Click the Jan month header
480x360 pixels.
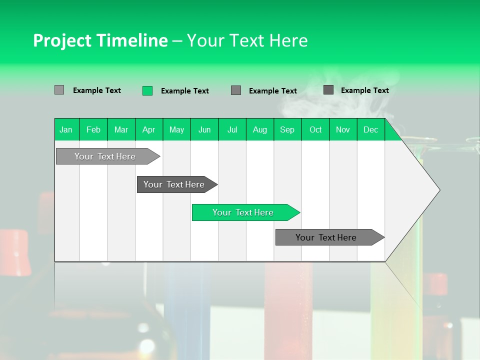pyautogui.click(x=66, y=129)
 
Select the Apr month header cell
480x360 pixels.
pyautogui.click(x=148, y=129)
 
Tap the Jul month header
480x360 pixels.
pyautogui.click(x=232, y=129)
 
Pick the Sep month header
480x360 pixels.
pyautogui.click(x=287, y=129)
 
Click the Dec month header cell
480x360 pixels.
pyautogui.click(x=370, y=129)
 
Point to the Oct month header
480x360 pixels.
pyautogui.click(x=315, y=129)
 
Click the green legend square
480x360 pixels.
pyautogui.click(x=147, y=90)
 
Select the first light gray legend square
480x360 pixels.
pyautogui.click(x=59, y=90)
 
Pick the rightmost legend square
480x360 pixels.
pyautogui.click(x=328, y=90)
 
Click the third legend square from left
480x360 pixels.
pyautogui.click(x=236, y=90)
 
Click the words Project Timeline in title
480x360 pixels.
pyautogui.click(x=100, y=40)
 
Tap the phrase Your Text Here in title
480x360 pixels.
pyautogui.click(x=247, y=40)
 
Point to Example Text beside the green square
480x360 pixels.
pyautogui.click(x=185, y=91)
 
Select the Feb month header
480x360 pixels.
pyautogui.click(x=93, y=129)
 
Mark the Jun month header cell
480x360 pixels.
pyautogui.click(x=204, y=129)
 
